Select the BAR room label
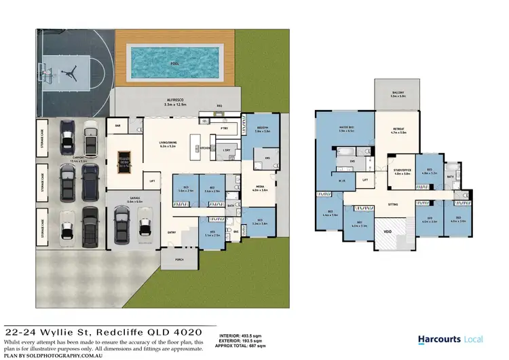(x=117, y=126)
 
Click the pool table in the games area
(x=123, y=159)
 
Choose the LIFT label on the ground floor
(x=153, y=181)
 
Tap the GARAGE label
(x=134, y=199)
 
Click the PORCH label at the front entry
(x=180, y=259)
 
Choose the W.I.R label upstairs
(x=343, y=181)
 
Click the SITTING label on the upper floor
(x=392, y=204)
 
